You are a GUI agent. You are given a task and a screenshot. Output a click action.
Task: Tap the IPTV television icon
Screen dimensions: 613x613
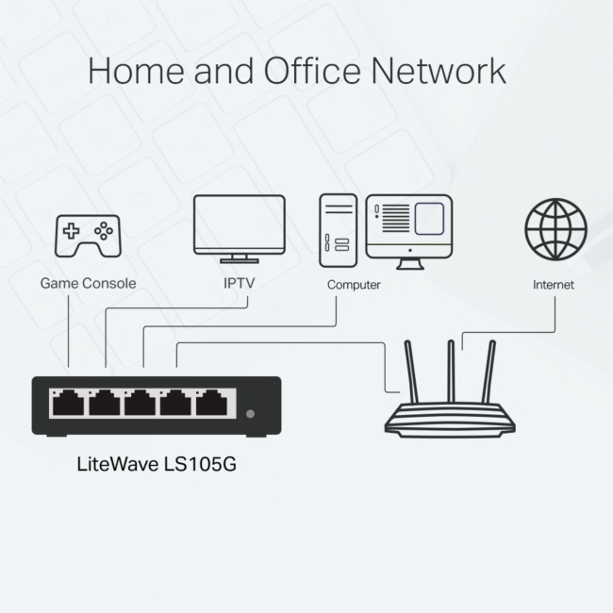[239, 226]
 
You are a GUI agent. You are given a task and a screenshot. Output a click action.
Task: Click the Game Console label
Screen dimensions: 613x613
[88, 283]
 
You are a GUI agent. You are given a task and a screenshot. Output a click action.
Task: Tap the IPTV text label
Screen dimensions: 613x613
[239, 283]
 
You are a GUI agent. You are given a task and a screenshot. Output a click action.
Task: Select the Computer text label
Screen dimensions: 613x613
[354, 284]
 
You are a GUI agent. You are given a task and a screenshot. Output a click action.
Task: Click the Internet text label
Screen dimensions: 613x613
[553, 284]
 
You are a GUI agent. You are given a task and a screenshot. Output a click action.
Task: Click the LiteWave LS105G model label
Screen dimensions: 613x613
[162, 465]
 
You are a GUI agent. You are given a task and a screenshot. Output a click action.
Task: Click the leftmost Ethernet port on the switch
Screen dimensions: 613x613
[67, 404]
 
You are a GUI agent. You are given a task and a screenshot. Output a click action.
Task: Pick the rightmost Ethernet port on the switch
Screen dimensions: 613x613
[212, 404]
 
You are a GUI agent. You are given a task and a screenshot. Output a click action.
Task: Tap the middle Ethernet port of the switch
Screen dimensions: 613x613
[140, 404]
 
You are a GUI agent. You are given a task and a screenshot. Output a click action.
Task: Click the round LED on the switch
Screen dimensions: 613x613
[250, 413]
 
